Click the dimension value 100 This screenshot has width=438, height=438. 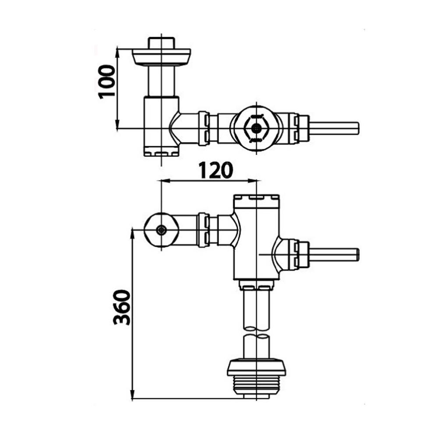pyautogui.click(x=106, y=81)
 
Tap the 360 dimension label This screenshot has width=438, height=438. pyautogui.click(x=122, y=307)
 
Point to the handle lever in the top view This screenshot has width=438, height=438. pyautogui.click(x=334, y=128)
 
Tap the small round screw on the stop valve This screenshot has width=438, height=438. pyautogui.click(x=162, y=230)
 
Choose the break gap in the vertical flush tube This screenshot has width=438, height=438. pyautogui.click(x=256, y=332)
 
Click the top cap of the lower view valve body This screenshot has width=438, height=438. pyautogui.click(x=256, y=201)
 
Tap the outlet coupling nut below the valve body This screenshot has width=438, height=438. pyautogui.click(x=256, y=286)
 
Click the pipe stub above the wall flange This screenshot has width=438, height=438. pyautogui.click(x=161, y=42)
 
